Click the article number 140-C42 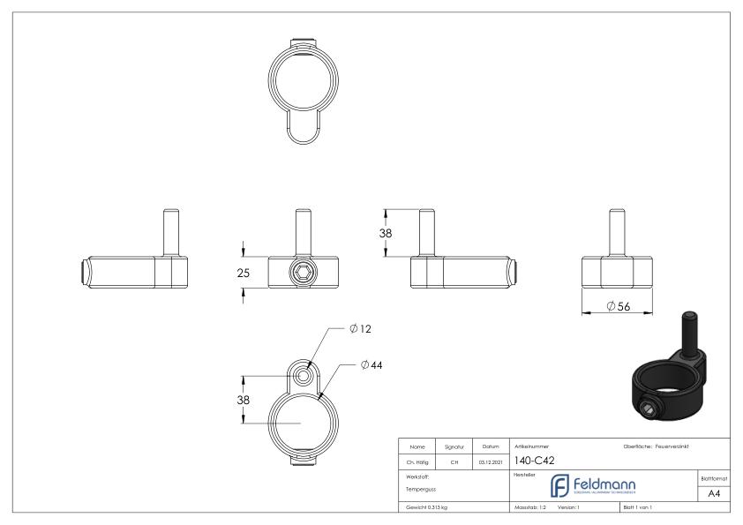pyautogui.click(x=534, y=460)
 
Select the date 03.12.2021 pyautogui.click(x=492, y=460)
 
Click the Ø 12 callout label pyautogui.click(x=360, y=329)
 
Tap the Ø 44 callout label pyautogui.click(x=371, y=364)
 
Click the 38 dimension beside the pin pyautogui.click(x=386, y=234)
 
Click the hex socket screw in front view pyautogui.click(x=302, y=273)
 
